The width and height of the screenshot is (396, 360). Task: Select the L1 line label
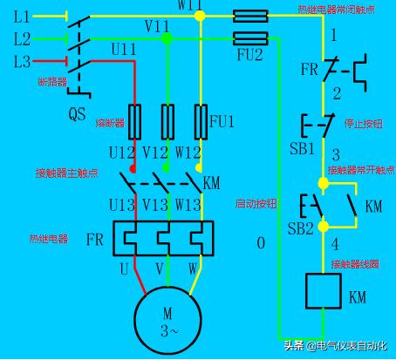(x=22, y=17)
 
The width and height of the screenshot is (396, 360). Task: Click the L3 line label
(x=22, y=62)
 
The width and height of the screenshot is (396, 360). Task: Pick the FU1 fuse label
(x=222, y=120)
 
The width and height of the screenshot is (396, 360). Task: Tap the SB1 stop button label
(x=302, y=147)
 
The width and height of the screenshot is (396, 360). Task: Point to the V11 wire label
(x=158, y=28)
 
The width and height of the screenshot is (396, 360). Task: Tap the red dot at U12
(x=133, y=168)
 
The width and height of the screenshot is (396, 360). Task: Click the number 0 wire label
(x=259, y=243)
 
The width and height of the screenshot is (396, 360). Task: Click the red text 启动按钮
(x=256, y=203)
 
